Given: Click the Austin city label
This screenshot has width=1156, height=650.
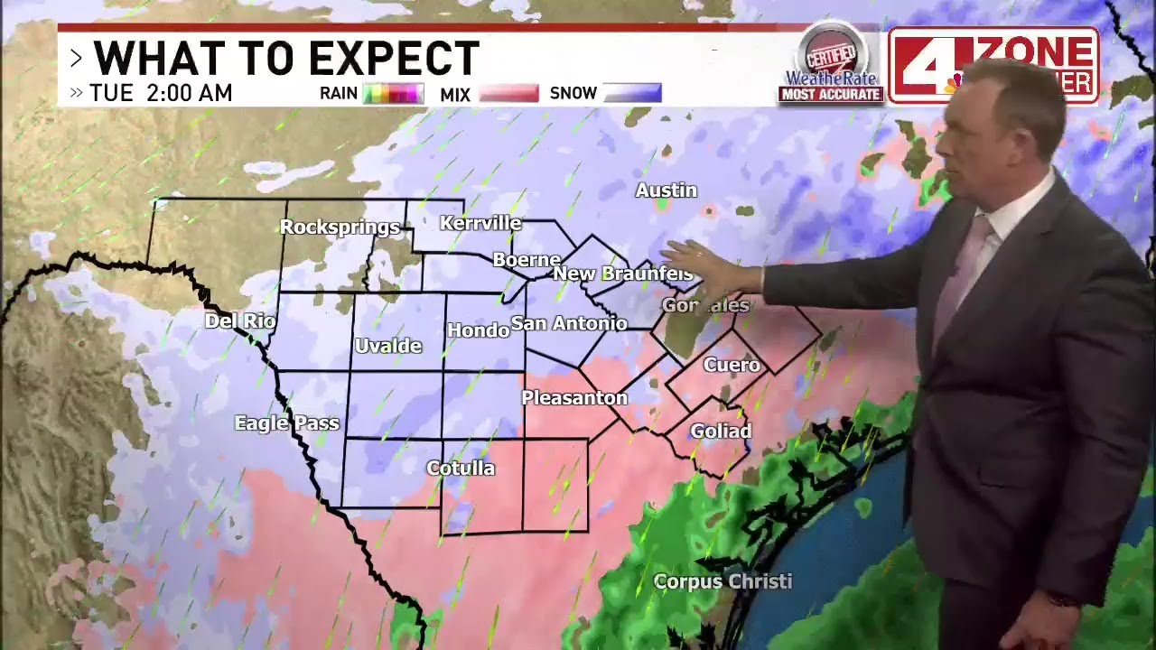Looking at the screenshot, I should coord(666,190).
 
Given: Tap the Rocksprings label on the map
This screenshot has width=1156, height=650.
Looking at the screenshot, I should coord(340,227).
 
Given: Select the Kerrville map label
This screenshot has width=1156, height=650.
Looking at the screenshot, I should coord(480,223).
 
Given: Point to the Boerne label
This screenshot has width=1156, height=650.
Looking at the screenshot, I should coord(527,260).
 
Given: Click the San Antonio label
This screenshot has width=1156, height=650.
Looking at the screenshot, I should coord(569,323).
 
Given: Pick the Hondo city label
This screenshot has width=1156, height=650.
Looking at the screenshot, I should coord(478,330).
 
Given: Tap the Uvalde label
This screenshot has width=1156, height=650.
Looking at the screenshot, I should coord(388,346).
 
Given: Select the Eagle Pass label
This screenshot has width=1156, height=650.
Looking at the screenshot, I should coord(286,422).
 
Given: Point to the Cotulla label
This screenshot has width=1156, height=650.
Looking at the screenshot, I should coord(461,468).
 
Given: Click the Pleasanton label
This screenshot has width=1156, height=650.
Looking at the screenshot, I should coord(574,397).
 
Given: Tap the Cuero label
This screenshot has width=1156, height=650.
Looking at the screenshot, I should coord(732,365).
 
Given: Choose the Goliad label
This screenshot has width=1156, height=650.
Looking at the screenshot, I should coord(721,431).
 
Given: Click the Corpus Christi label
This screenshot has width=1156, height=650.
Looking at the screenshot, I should coord(722,581).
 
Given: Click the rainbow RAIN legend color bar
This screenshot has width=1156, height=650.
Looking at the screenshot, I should coord(394,93).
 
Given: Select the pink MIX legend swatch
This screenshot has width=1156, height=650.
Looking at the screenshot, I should coord(508,93).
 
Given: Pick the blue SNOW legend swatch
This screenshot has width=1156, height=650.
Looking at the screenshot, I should coord(632,93).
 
